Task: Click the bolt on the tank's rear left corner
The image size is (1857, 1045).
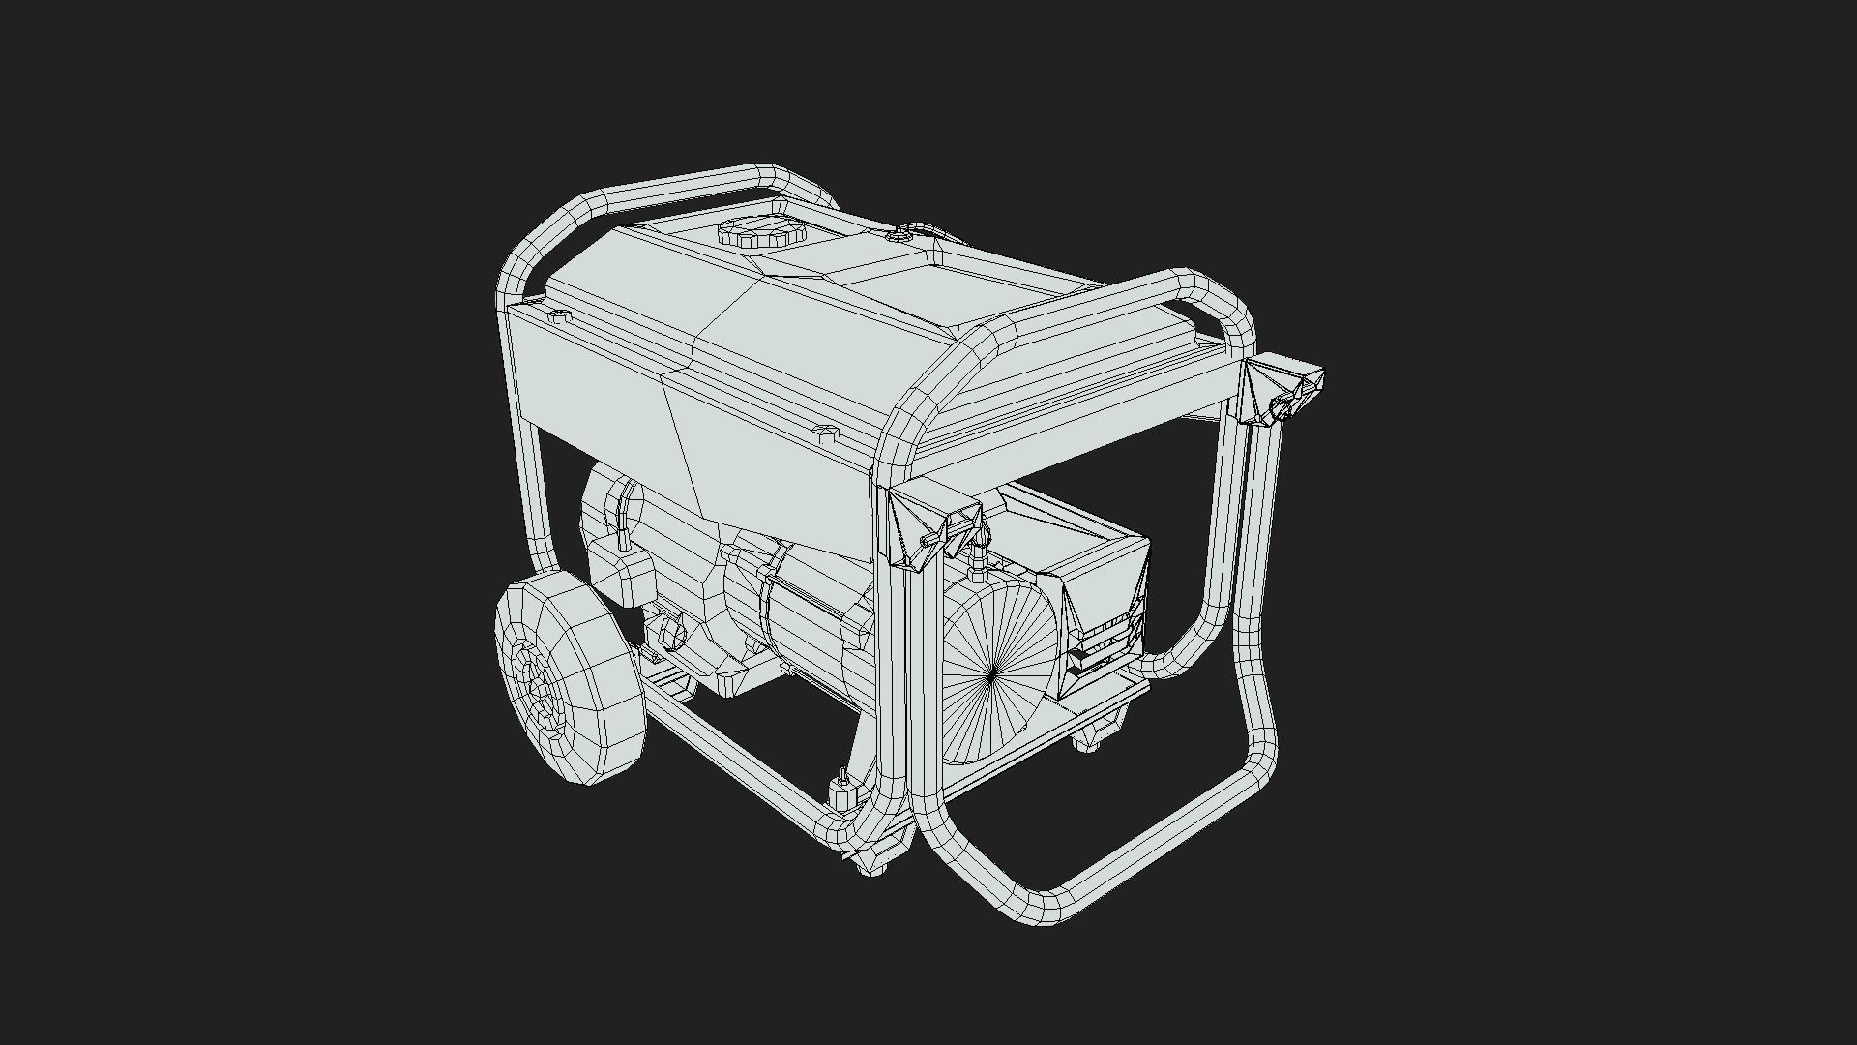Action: click(558, 316)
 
